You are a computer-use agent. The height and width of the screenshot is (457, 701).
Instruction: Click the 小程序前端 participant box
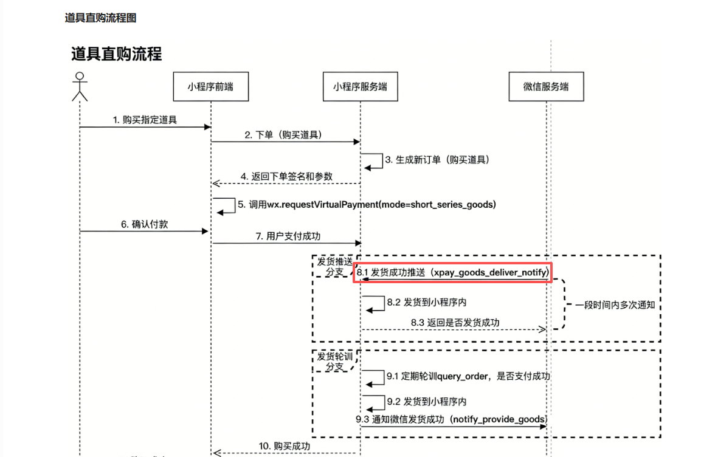pos(210,87)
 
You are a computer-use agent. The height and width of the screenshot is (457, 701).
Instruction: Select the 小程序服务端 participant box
pos(360,87)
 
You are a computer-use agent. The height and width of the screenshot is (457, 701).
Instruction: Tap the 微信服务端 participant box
pos(546,87)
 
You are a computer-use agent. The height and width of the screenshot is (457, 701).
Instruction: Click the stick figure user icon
pos(79,86)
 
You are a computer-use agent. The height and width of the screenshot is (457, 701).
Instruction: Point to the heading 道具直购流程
pos(117,53)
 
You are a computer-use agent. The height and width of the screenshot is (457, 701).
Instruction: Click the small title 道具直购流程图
pos(100,18)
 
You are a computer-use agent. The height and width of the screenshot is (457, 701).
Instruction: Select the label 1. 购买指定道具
pos(145,120)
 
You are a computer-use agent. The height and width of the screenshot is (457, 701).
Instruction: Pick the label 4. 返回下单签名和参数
pos(287,176)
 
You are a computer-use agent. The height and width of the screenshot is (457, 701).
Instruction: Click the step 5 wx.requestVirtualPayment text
pos(367,205)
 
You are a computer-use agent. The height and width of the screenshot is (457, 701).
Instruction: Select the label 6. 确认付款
pos(144,224)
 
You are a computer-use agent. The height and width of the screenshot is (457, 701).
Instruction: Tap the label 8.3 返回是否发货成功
pos(455,323)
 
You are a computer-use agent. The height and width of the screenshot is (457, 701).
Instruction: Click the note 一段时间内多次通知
pos(615,305)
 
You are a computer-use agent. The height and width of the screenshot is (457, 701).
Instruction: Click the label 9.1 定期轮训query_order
pos(468,376)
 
